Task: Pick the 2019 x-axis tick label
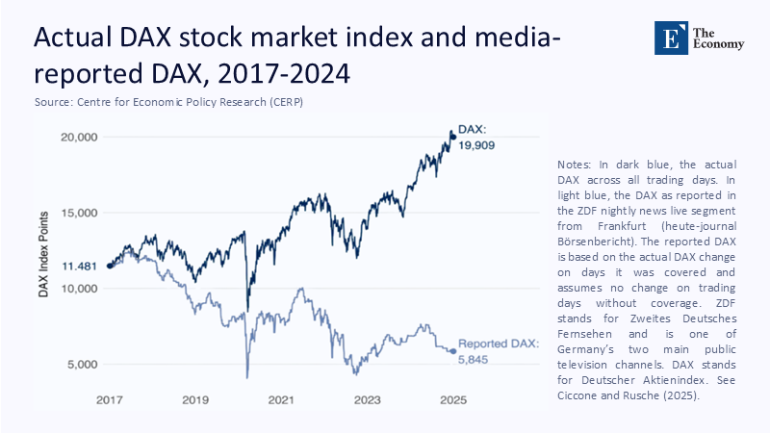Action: coord(194,398)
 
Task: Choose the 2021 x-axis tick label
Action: coord(280,398)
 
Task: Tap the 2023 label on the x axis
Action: coord(367,398)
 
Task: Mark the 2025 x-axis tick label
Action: coord(452,398)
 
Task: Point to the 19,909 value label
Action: coord(479,144)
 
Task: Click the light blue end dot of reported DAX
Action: coord(452,351)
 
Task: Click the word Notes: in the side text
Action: coord(576,166)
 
